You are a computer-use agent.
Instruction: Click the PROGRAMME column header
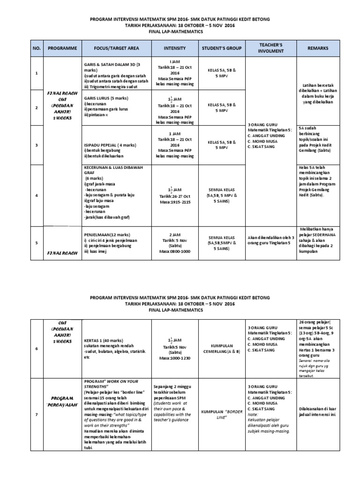[62, 48]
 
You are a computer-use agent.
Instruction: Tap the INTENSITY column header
[174, 48]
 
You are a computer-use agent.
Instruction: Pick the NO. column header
[37, 48]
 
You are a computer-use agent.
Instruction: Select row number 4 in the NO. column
[37, 195]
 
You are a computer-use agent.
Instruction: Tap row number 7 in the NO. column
[37, 414]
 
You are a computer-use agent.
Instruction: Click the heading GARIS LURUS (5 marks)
[105, 98]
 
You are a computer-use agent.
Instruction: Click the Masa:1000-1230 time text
[174, 358]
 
